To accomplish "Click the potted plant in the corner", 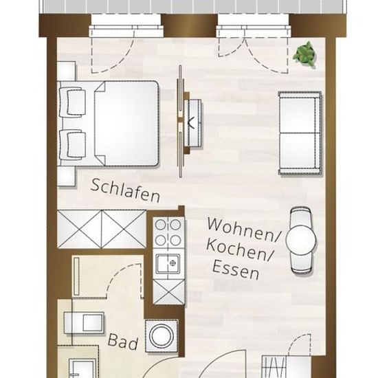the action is pos(304,54).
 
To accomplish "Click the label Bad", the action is pos(123,342).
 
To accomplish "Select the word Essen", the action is pos(236,270).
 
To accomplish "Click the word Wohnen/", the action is pos(243,229).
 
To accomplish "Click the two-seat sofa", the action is pos(300,133).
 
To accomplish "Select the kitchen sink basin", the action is pos(168,264).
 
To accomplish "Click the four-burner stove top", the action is pos(168,232).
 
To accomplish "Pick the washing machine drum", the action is pos(162,336).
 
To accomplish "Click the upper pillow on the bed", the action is pos(73,101).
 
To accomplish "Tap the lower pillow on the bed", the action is pos(73,144).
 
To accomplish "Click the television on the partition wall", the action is pos(193,124).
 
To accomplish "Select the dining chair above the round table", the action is pos(300,216).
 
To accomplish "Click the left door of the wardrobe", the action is pos(80,229).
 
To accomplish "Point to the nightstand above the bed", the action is pos(67,71).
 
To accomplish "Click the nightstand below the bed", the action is pos(67,176).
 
